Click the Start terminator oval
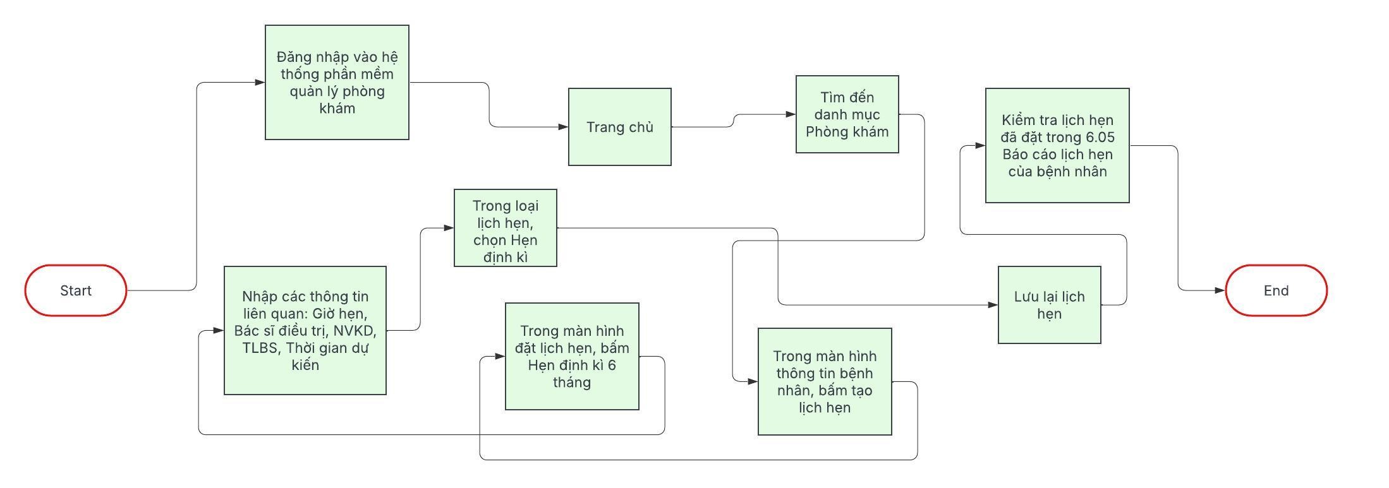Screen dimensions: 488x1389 76,290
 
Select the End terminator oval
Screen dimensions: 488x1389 1276,290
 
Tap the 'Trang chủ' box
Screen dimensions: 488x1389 619,127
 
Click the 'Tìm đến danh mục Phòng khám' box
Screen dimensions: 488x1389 847,114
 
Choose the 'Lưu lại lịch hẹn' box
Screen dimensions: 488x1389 1049,305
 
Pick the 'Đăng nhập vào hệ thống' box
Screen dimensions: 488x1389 337,82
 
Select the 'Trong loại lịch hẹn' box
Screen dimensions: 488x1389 505,228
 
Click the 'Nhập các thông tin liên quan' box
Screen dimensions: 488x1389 305,330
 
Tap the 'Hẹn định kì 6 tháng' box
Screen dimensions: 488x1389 572,357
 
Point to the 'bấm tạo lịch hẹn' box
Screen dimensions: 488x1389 825,381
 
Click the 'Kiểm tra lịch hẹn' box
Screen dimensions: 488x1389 1057,145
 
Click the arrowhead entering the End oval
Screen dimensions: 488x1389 1220,290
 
